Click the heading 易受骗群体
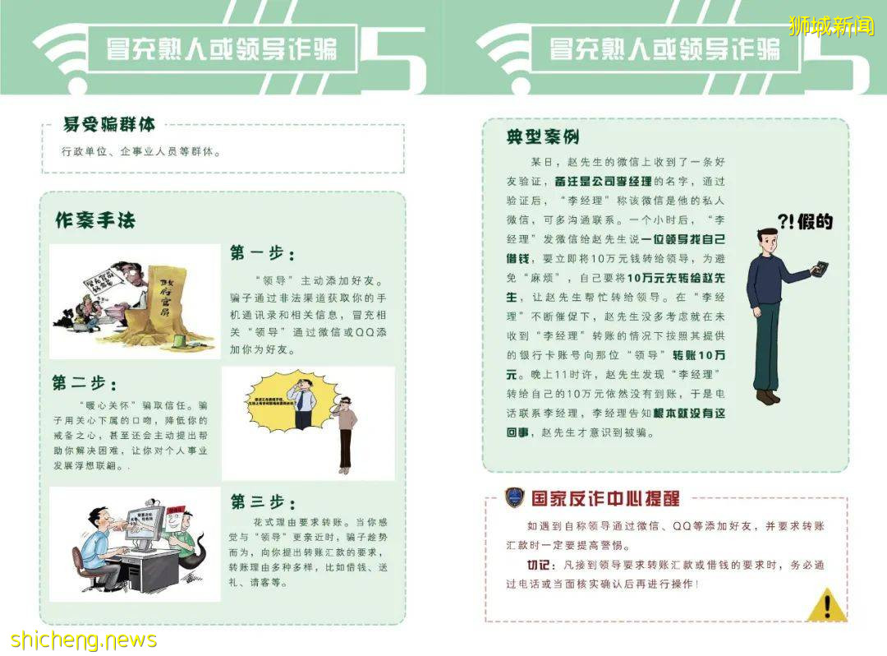109,124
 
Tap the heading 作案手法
95,220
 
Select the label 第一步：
262,253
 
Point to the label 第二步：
85,383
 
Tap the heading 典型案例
543,137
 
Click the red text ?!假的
805,221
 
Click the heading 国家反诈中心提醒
605,498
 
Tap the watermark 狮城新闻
831,26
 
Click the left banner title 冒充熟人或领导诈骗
222,49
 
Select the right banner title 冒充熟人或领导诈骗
664,49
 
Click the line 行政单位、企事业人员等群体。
141,152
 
